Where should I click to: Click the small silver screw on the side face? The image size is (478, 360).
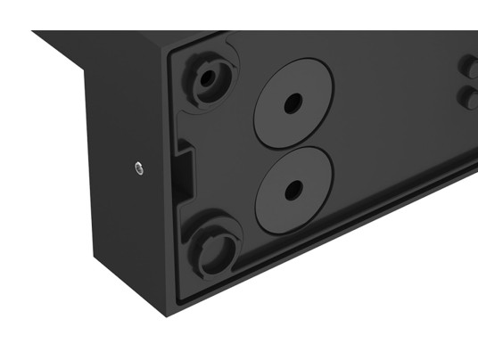[137, 167]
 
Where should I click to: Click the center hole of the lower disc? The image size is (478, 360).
[293, 190]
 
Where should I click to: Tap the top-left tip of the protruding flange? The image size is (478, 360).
[33, 32]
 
